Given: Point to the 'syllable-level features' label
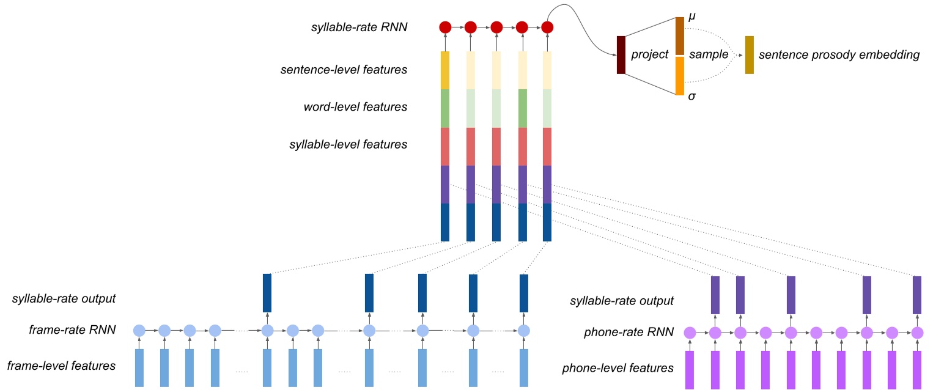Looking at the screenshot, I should pyautogui.click(x=348, y=145).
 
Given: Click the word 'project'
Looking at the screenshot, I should pyautogui.click(x=650, y=55).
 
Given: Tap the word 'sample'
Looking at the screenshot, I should pyautogui.click(x=709, y=55).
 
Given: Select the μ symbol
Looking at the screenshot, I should pyautogui.click(x=691, y=18).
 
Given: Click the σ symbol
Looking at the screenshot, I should pyautogui.click(x=691, y=96).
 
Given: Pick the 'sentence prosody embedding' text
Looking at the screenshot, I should pyautogui.click(x=839, y=55).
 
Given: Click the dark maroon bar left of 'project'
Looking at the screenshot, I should pyautogui.click(x=621, y=55).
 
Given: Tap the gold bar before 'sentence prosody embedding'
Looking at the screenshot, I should pyautogui.click(x=749, y=55).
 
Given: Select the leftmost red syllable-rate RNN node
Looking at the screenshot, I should pyautogui.click(x=445, y=28).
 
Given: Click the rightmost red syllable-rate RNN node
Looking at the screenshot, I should pyautogui.click(x=547, y=28).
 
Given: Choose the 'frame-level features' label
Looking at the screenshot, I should pyautogui.click(x=61, y=366).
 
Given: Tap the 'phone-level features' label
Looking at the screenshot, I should pyautogui.click(x=618, y=368).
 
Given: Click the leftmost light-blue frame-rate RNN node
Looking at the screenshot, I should pyautogui.click(x=139, y=331).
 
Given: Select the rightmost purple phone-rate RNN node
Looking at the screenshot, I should pyautogui.click(x=916, y=333).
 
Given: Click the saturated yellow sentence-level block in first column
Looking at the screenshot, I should pyautogui.click(x=445, y=70).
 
